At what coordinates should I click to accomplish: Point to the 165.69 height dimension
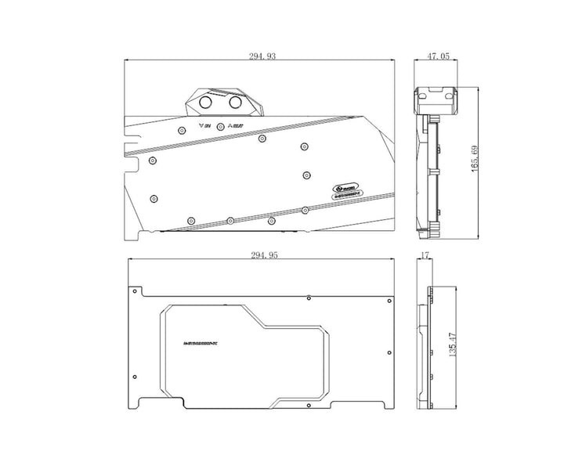pyautogui.click(x=475, y=160)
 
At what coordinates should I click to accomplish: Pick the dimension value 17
pyautogui.click(x=425, y=255)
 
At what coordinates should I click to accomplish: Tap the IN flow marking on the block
pyautogui.click(x=206, y=126)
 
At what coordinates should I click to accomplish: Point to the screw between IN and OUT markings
pyautogui.click(x=221, y=126)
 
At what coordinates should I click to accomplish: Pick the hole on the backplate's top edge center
pyautogui.click(x=310, y=298)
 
